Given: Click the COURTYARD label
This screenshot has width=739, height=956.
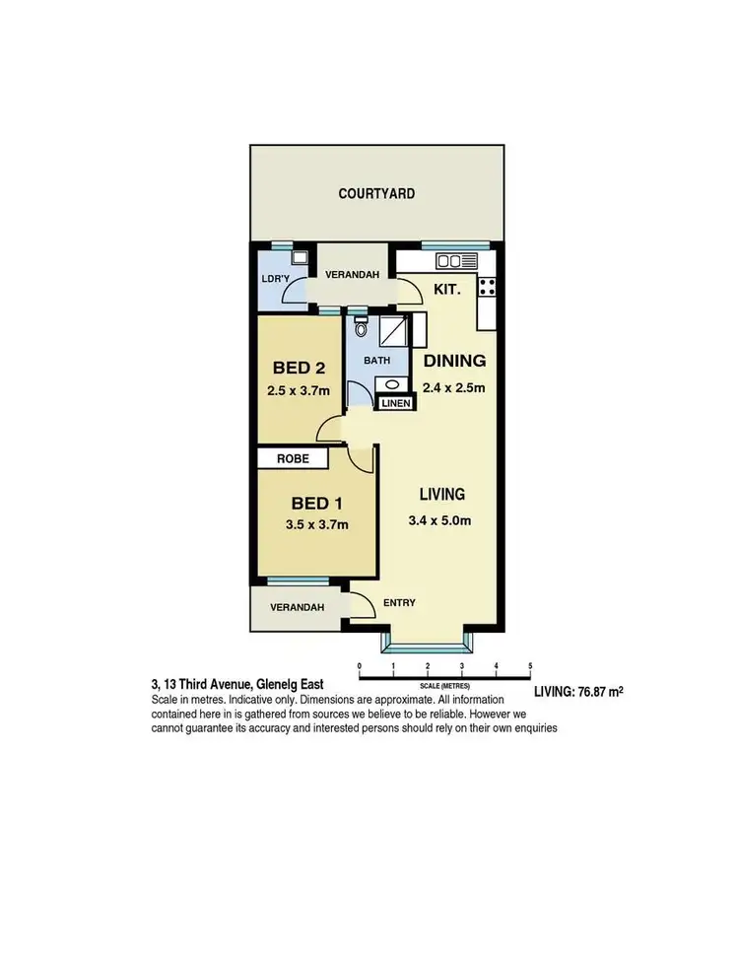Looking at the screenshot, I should point(376,194).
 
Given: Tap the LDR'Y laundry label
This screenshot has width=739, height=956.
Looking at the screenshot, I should point(275,279).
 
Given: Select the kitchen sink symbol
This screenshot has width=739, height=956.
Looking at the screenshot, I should point(456,261).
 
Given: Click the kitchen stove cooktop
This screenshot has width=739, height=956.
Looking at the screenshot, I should point(486,287).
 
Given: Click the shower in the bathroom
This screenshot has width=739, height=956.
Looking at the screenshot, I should point(394,332).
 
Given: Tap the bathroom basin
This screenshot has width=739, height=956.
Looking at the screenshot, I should point(392,385).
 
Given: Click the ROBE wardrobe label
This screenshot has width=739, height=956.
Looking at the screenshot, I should point(293,458).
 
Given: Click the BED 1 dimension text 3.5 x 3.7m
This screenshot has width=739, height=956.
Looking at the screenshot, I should point(315,524).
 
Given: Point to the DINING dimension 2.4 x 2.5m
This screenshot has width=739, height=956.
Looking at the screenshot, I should point(453,387).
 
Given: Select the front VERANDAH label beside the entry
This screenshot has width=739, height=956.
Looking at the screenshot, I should point(296,607).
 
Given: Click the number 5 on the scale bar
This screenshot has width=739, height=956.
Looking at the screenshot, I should point(530,667).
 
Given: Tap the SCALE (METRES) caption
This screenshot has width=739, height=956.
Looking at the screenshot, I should point(445,685).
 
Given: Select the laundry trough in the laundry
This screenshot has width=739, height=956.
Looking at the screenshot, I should point(299,257).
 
